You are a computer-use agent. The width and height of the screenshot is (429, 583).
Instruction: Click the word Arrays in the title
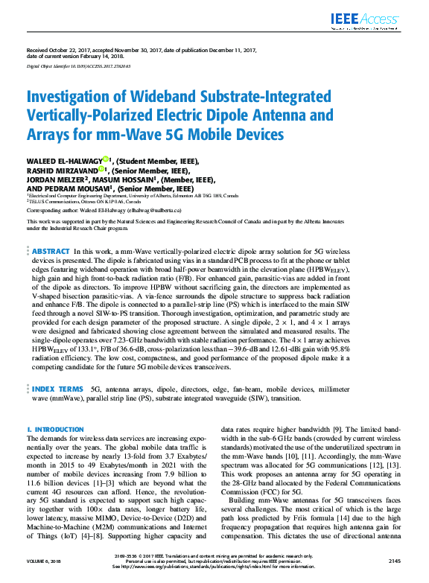tap(51, 135)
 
